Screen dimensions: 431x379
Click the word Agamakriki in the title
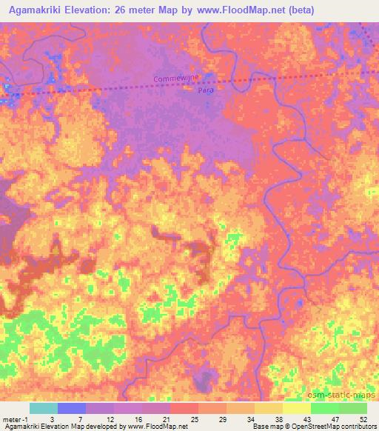(x=37, y=10)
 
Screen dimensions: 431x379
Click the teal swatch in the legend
(x=43, y=408)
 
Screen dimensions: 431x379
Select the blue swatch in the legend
(x=72, y=408)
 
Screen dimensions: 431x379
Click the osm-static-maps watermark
(x=343, y=394)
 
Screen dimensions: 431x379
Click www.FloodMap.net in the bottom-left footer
(x=156, y=427)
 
